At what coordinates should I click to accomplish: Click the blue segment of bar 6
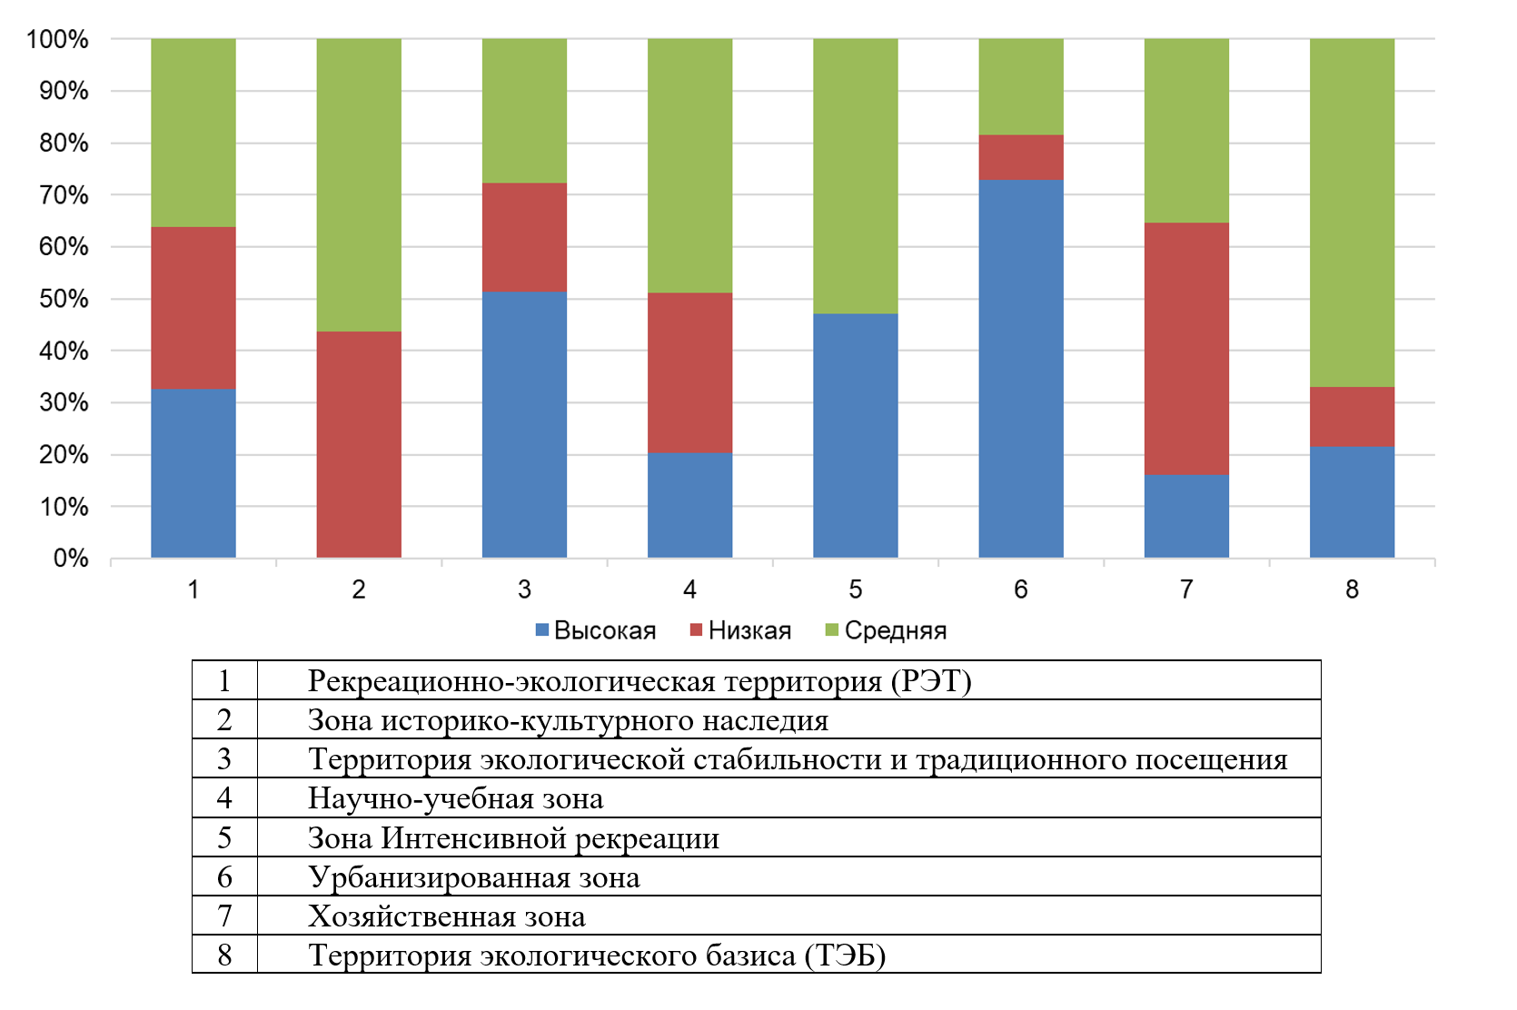coord(1020,368)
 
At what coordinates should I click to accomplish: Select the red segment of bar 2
coord(359,444)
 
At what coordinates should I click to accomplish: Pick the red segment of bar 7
coord(1186,349)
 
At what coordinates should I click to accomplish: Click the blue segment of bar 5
coord(855,435)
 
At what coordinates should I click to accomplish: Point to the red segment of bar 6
coord(1020,157)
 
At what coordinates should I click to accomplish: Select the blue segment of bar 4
coord(689,505)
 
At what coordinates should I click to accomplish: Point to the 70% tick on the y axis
coord(64,195)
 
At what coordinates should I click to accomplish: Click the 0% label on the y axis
coord(71,559)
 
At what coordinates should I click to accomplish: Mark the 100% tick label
coord(57,40)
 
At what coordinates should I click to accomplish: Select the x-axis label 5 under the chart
coord(855,589)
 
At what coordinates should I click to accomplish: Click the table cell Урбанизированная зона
coord(473,877)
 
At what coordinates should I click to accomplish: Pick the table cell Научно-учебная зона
coord(455,798)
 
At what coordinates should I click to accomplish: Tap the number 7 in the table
coord(224,916)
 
